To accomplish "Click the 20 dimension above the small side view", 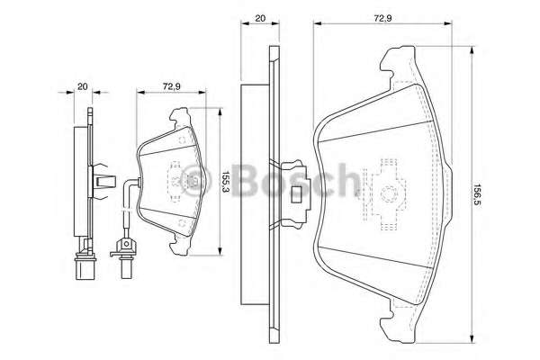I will coord(82,86).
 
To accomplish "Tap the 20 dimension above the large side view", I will coord(259,17).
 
